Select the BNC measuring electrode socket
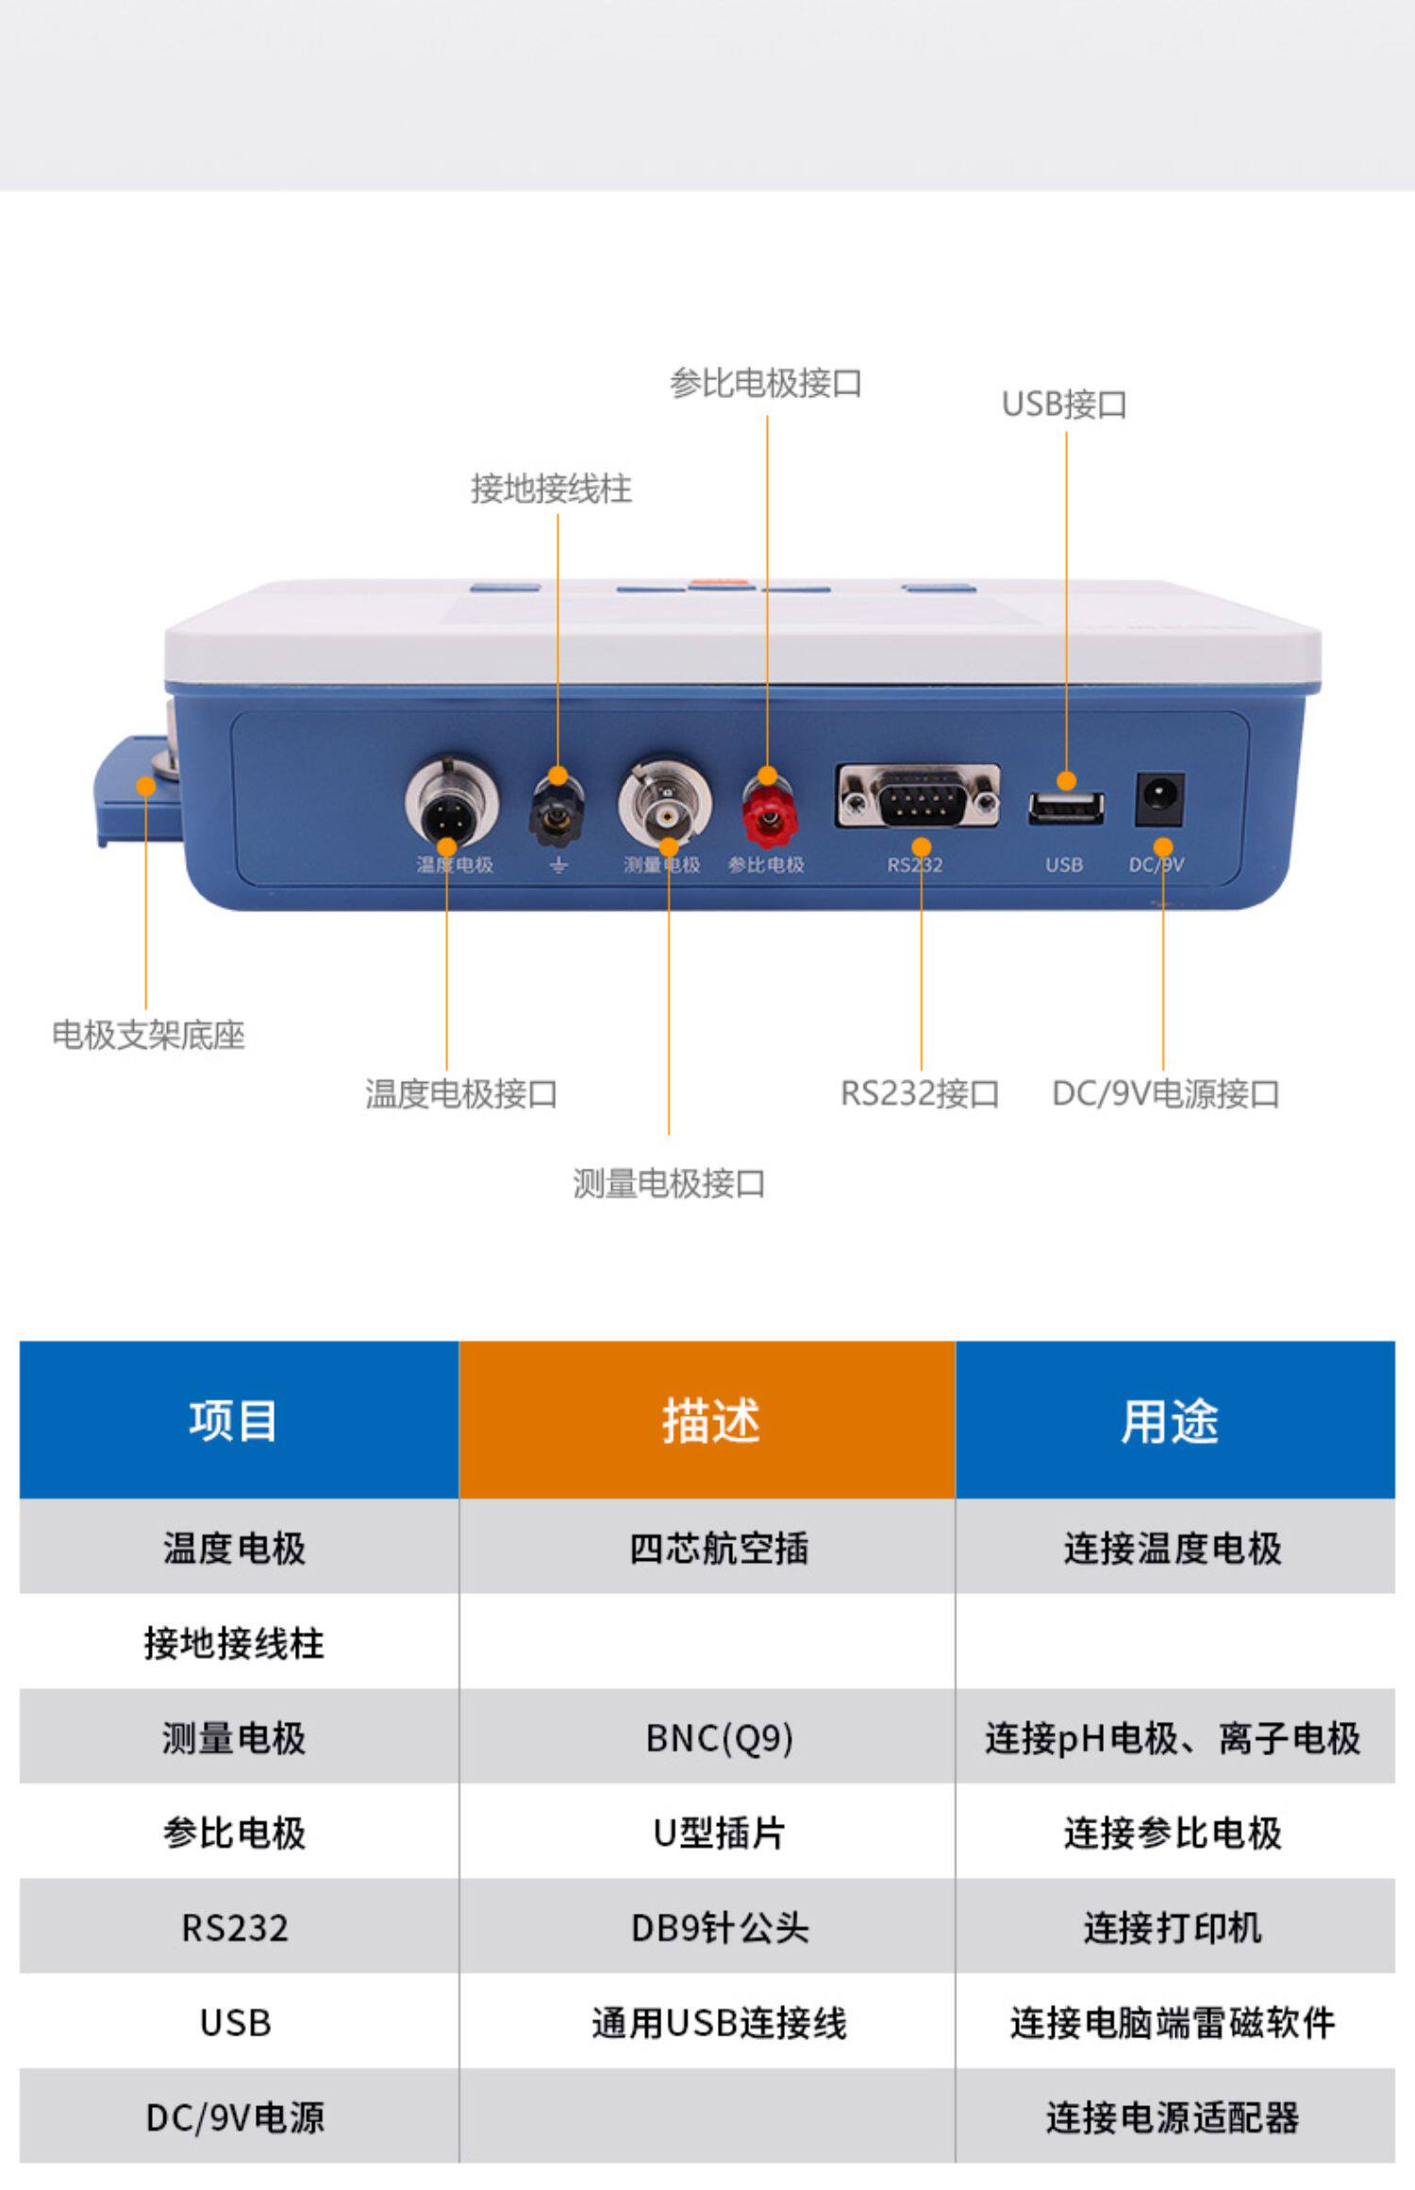666,803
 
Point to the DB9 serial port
918,797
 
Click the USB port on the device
1065,809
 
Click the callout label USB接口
1064,405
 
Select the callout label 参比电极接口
765,384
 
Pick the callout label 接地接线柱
551,489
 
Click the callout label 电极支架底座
148,1036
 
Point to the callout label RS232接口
920,1094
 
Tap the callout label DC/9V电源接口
1165,1094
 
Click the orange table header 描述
708,1420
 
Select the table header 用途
1170,1420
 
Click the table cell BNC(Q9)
719,1737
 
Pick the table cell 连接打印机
1173,1928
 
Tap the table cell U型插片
719,1833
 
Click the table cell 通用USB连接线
719,2023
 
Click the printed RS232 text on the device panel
914,865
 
